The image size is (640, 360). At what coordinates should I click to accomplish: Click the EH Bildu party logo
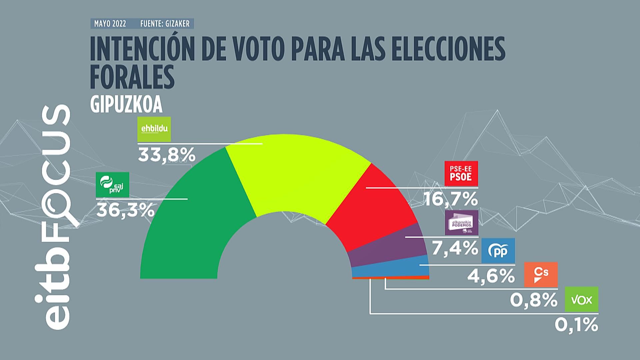click(154, 129)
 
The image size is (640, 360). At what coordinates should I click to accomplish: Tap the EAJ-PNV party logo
click(112, 185)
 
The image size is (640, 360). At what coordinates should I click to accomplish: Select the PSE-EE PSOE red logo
click(461, 174)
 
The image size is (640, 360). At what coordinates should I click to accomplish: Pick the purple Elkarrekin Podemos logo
click(462, 222)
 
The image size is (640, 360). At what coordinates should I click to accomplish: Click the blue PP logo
click(498, 250)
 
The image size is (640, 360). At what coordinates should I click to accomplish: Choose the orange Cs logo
click(541, 275)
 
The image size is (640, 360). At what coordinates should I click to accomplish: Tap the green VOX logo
click(582, 299)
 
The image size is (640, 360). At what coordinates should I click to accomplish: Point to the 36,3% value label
click(125, 210)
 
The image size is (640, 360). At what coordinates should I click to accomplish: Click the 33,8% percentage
click(166, 155)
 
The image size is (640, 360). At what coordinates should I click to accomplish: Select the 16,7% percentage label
click(451, 199)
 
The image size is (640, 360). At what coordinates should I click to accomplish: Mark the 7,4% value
click(455, 248)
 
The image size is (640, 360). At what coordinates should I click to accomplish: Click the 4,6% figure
click(491, 276)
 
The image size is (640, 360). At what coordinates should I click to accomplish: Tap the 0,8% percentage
click(533, 301)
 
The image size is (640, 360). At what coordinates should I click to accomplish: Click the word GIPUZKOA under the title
click(126, 105)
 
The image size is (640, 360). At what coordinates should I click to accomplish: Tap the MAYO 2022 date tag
click(110, 24)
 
